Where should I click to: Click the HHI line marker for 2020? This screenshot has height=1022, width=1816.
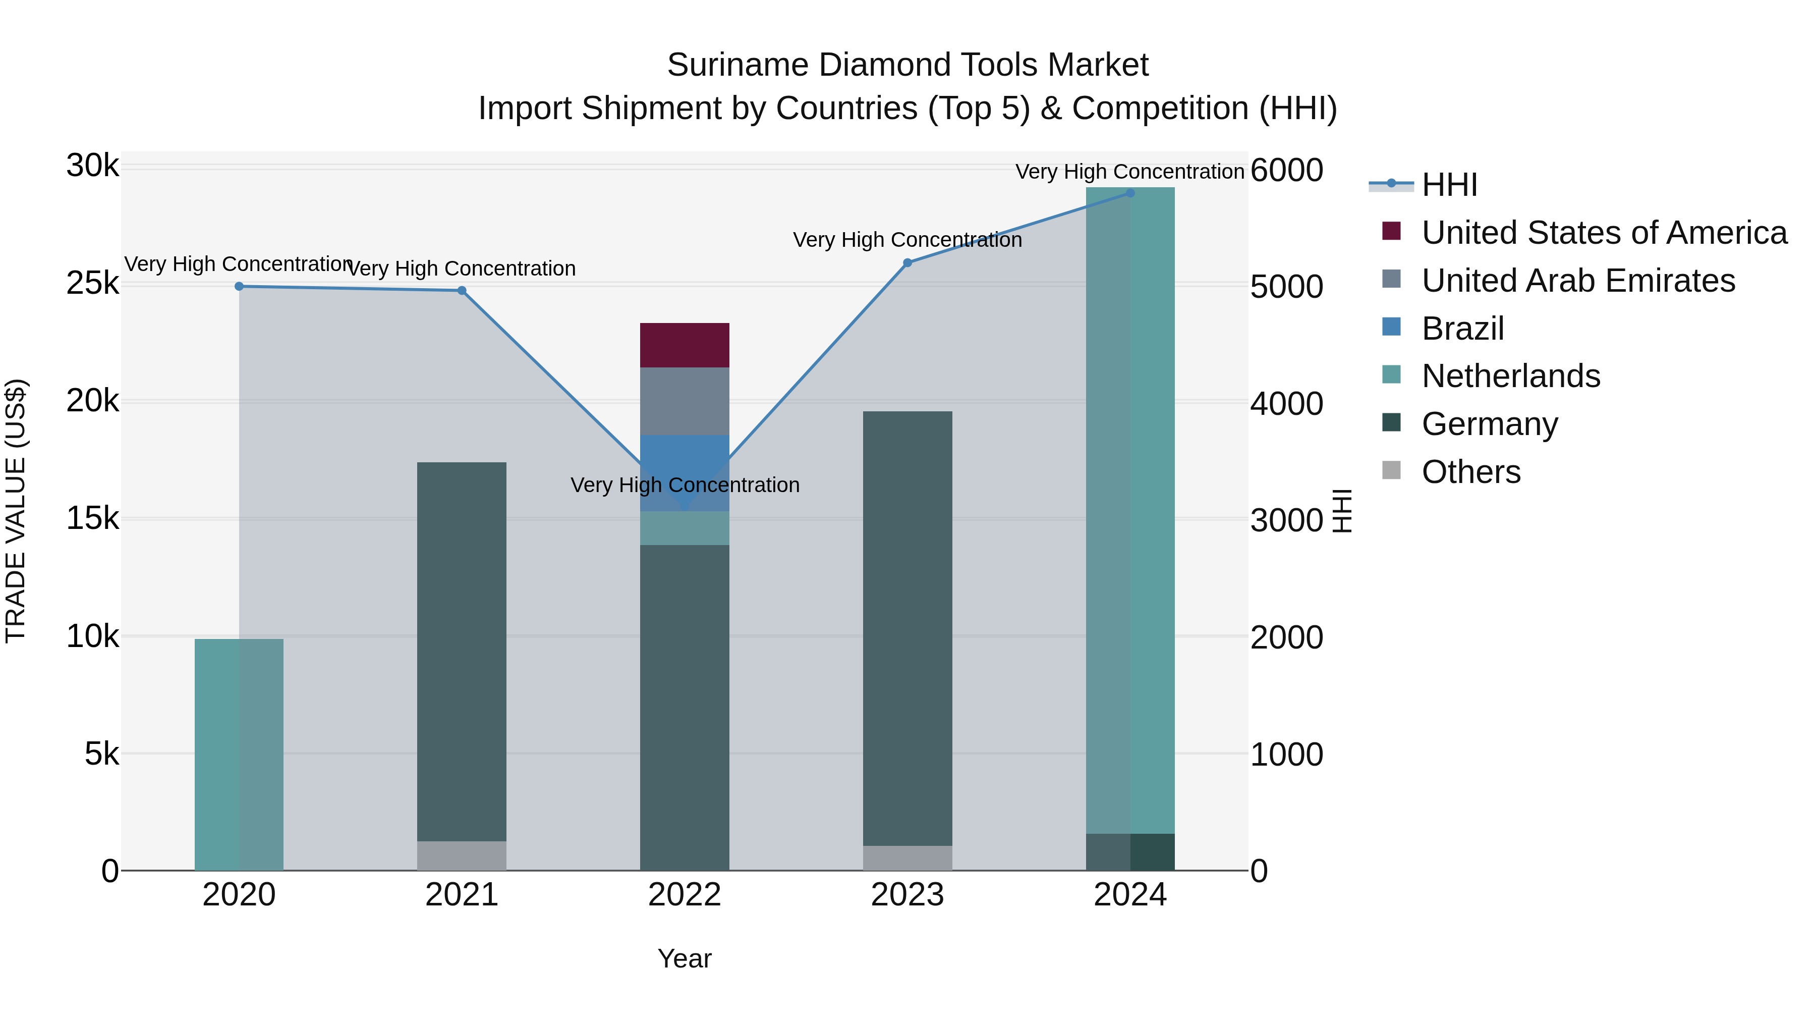coord(239,286)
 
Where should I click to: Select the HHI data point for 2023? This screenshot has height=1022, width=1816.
coord(907,263)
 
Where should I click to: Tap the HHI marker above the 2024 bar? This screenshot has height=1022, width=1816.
coord(1130,193)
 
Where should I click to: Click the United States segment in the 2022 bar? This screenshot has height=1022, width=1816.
coord(685,345)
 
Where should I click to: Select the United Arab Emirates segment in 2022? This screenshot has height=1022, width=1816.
coord(685,401)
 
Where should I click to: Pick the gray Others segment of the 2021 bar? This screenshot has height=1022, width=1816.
coord(462,855)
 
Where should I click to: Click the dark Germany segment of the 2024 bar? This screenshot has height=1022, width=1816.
coord(1130,852)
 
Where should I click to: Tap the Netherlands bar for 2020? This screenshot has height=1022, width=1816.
coord(239,755)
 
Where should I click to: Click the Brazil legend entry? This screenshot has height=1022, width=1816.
coord(1463,329)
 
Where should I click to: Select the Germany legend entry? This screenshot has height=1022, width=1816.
coord(1490,424)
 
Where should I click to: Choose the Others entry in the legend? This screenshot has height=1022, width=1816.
coord(1470,472)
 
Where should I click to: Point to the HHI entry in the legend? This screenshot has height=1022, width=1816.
coord(1449,185)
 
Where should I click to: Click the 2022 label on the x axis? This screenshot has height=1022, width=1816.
coord(685,895)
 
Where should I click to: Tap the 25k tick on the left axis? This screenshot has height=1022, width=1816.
coord(92,284)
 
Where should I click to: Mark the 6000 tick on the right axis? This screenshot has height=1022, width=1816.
coord(1286,170)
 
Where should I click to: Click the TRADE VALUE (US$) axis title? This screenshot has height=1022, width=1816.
coord(16,511)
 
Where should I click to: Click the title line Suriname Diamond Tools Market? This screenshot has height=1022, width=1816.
coord(907,65)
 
